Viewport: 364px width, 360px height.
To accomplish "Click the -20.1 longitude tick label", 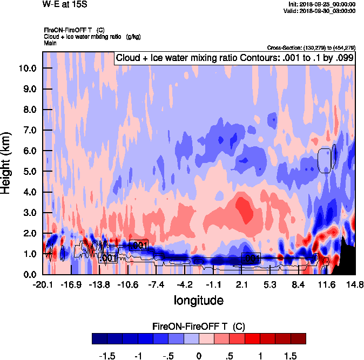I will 42,284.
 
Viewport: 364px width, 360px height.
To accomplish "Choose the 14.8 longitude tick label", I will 355,284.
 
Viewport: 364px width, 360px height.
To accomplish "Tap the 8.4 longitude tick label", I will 299,284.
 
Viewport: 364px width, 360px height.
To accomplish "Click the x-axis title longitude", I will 198,300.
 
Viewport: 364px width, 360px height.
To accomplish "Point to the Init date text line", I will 322,4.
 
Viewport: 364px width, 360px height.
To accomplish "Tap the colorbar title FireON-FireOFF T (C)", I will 198,327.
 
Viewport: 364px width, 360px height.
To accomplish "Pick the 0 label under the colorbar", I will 199,356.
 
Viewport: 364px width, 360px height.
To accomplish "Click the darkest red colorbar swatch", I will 298,338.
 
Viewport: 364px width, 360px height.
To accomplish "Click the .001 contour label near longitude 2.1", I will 252,259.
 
